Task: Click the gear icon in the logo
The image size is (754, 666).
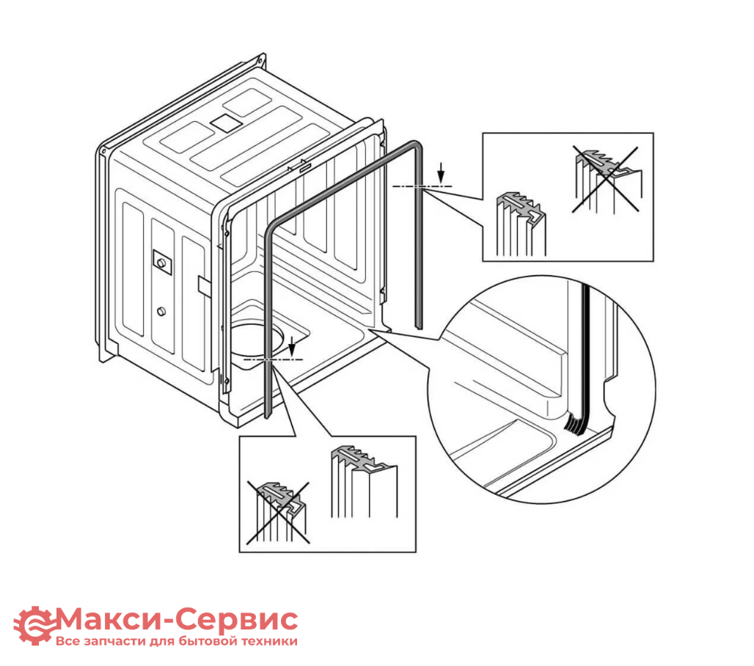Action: tap(34, 625)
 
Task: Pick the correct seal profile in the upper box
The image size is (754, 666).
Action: tap(521, 224)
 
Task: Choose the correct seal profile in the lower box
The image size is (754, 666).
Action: tap(364, 481)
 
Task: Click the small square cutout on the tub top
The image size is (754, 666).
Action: tap(226, 123)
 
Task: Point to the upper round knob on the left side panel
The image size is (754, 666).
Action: tap(161, 263)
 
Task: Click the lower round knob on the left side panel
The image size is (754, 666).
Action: tap(161, 311)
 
